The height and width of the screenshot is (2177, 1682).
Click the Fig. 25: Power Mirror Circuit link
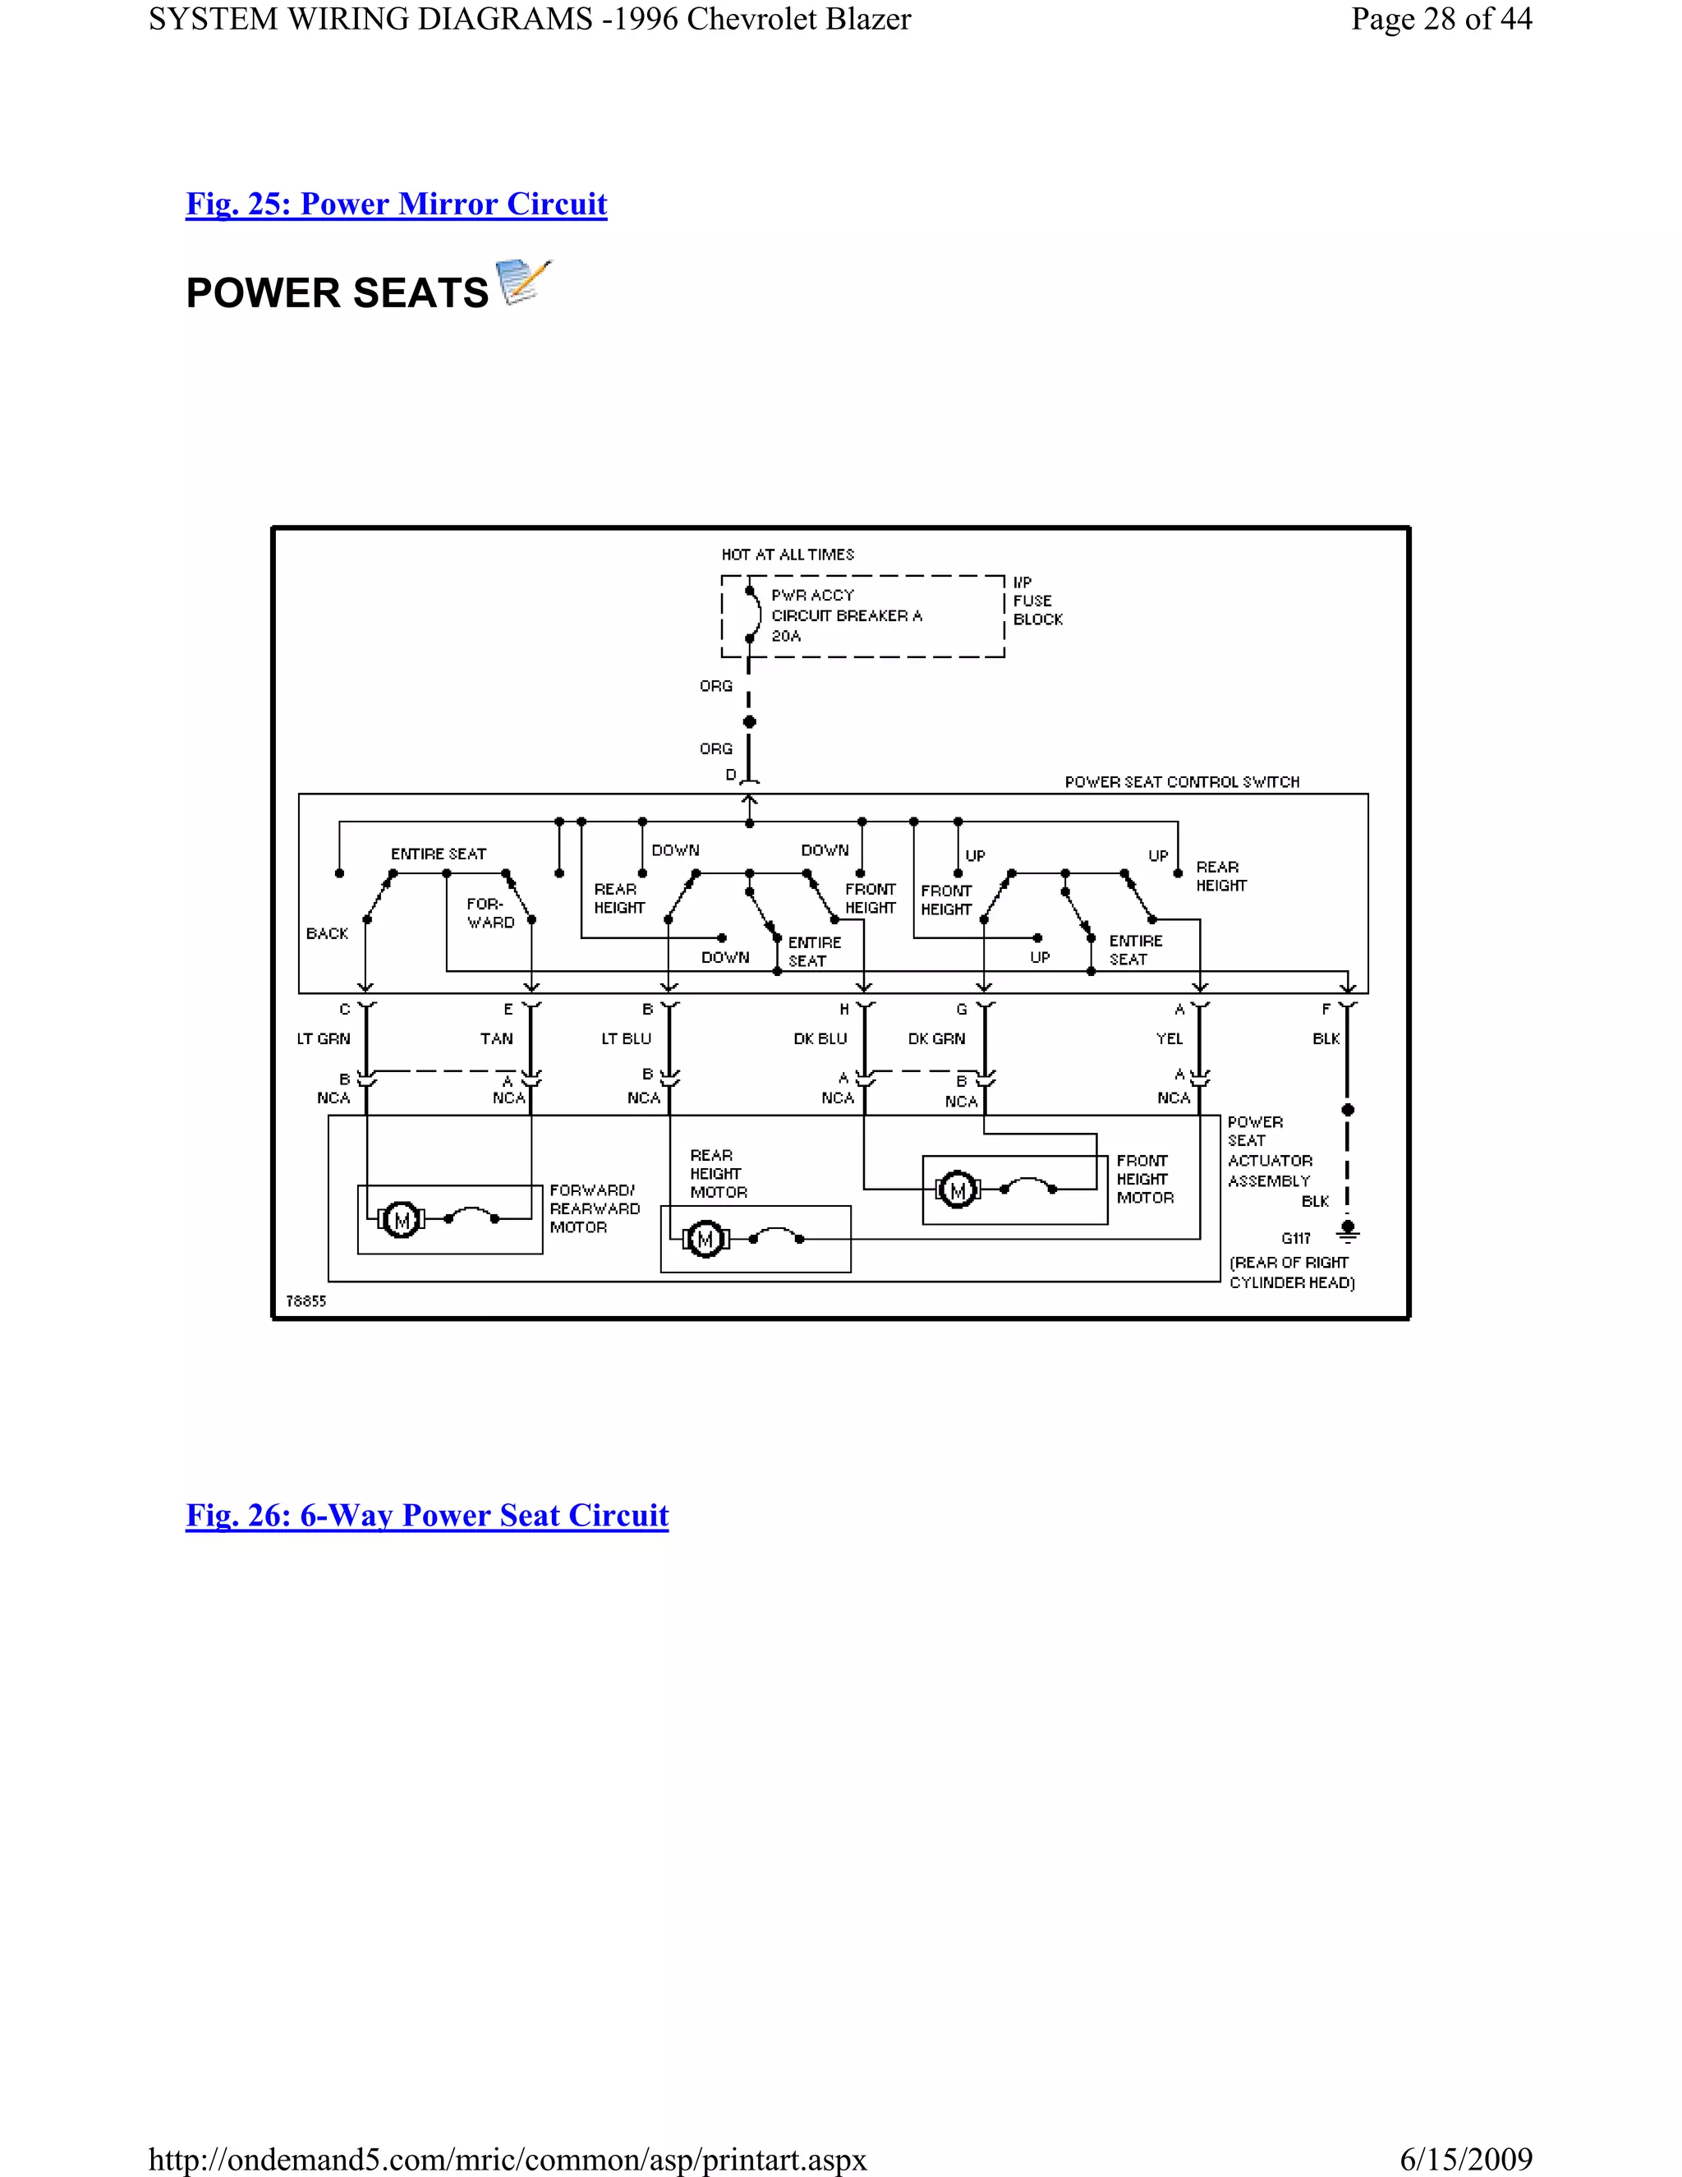(x=396, y=204)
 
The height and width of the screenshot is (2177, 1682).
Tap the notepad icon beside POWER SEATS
(x=524, y=283)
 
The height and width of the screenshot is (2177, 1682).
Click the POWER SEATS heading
(x=337, y=293)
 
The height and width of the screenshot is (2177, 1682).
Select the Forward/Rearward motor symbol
(x=402, y=1219)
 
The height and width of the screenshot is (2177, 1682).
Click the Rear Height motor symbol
(x=705, y=1239)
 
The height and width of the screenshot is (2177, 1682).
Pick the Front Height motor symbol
(x=958, y=1190)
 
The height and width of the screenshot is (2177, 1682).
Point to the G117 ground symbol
(x=1347, y=1232)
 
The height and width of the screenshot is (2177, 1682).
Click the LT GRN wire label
(x=324, y=1038)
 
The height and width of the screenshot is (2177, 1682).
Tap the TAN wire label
(x=496, y=1038)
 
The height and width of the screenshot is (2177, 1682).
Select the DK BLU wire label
(x=820, y=1038)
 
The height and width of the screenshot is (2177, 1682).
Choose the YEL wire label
(x=1169, y=1038)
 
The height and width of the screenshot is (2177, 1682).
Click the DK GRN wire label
(x=936, y=1038)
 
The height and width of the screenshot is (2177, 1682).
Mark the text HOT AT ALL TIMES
(x=787, y=555)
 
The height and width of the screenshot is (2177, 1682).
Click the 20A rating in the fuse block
(x=785, y=636)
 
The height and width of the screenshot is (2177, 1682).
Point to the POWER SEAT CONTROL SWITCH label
(x=1182, y=781)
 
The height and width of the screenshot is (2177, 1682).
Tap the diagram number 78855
(x=306, y=1300)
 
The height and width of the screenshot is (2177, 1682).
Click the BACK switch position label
(x=327, y=933)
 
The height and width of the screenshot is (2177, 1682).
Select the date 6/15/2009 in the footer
(x=1466, y=2159)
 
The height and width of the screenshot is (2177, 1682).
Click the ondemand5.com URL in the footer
(x=508, y=2159)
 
